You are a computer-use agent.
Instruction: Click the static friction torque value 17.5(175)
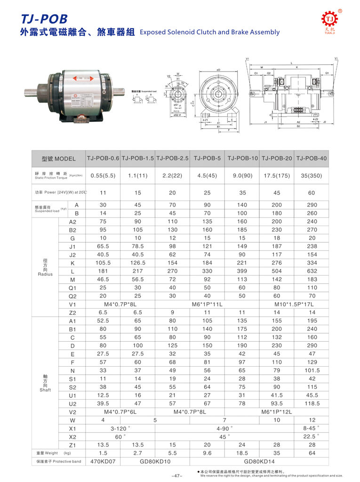click(x=277, y=176)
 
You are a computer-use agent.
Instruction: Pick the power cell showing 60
click(x=312, y=193)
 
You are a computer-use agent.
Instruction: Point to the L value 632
click(x=312, y=272)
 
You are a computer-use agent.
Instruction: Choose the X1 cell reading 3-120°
click(x=120, y=429)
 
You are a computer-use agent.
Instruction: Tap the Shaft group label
click(x=44, y=383)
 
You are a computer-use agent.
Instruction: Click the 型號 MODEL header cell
click(x=58, y=159)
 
